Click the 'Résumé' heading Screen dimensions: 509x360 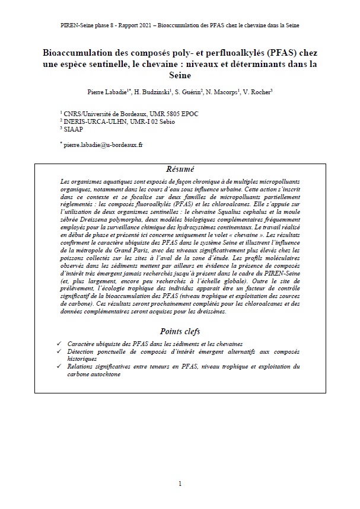tap(180, 169)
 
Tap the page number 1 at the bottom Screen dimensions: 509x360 tap(180, 484)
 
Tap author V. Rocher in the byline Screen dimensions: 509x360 tap(259, 92)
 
